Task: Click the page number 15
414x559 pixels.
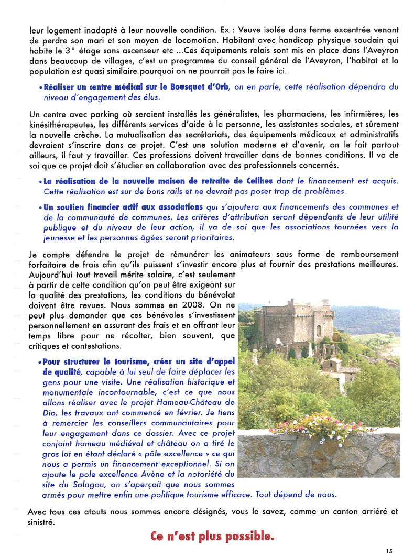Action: pyautogui.click(x=388, y=551)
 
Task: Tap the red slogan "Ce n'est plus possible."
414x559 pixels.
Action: pyautogui.click(x=212, y=536)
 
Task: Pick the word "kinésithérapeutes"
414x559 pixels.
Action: pyautogui.click(x=61, y=124)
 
